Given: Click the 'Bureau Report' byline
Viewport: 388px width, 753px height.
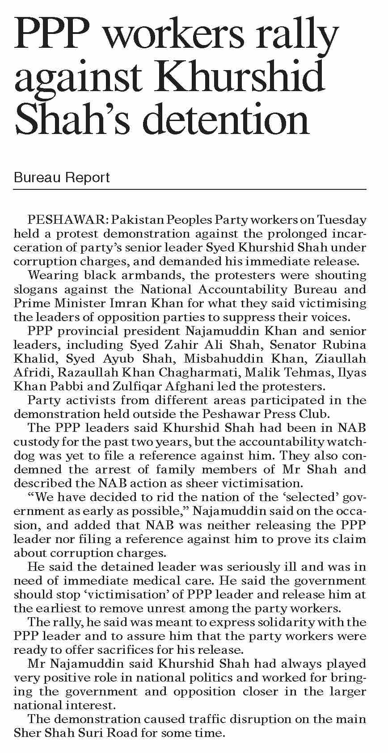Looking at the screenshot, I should point(62,178).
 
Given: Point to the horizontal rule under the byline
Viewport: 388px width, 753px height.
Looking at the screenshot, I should point(190,189).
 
